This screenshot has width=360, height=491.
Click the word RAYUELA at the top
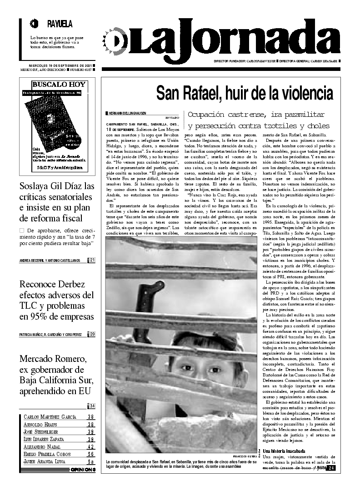tap(59, 24)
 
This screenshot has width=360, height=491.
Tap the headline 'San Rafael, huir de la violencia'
tap(245, 93)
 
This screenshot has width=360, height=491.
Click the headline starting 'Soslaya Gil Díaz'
tap(57, 202)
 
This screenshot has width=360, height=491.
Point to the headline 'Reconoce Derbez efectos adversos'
tap(57, 300)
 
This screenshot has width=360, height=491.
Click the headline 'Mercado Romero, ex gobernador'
tap(57, 375)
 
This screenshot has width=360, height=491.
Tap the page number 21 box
tap(92, 260)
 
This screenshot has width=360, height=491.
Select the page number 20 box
tap(92, 335)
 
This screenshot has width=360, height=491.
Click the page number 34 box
tap(92, 406)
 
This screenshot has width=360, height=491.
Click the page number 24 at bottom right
tap(331, 468)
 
